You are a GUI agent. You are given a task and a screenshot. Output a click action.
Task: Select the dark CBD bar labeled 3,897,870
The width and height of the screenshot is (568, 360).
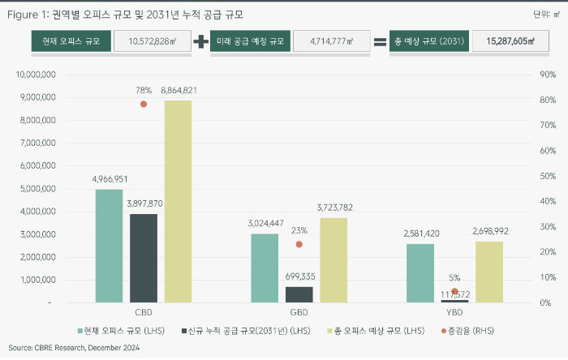coord(144,258)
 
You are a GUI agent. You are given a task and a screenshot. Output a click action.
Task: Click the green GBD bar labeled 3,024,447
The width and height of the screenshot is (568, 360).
coord(265,268)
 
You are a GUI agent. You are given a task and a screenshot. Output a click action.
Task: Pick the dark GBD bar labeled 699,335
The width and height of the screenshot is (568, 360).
coord(299,294)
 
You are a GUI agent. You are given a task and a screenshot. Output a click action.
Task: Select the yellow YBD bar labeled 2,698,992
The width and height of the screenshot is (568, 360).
coord(489,272)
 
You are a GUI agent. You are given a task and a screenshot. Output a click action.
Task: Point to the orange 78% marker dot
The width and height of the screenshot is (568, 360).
coord(144,104)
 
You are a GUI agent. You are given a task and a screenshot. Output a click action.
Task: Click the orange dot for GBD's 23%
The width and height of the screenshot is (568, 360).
coord(299,244)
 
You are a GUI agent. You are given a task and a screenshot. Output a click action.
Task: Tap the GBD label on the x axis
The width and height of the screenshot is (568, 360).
coord(299,312)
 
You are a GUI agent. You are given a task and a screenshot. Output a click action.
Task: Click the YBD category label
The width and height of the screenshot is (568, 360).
coord(454,312)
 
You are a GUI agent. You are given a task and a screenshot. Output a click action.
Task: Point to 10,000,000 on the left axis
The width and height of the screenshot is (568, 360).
coord(35,75)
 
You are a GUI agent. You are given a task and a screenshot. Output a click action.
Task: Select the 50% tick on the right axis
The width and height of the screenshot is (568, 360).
coord(549,176)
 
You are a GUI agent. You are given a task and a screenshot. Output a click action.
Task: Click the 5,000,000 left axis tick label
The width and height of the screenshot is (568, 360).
coord(37,189)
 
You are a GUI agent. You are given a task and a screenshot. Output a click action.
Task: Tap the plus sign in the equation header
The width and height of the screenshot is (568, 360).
coord(200,41)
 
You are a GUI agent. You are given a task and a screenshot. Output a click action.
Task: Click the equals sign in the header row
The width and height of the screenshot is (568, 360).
coord(379,41)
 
